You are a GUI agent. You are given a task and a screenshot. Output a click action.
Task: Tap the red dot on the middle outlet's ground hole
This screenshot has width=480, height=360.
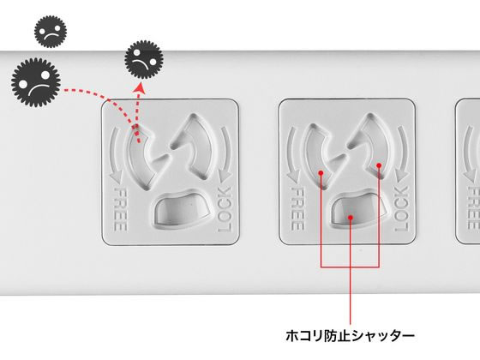click(x=352, y=219)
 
